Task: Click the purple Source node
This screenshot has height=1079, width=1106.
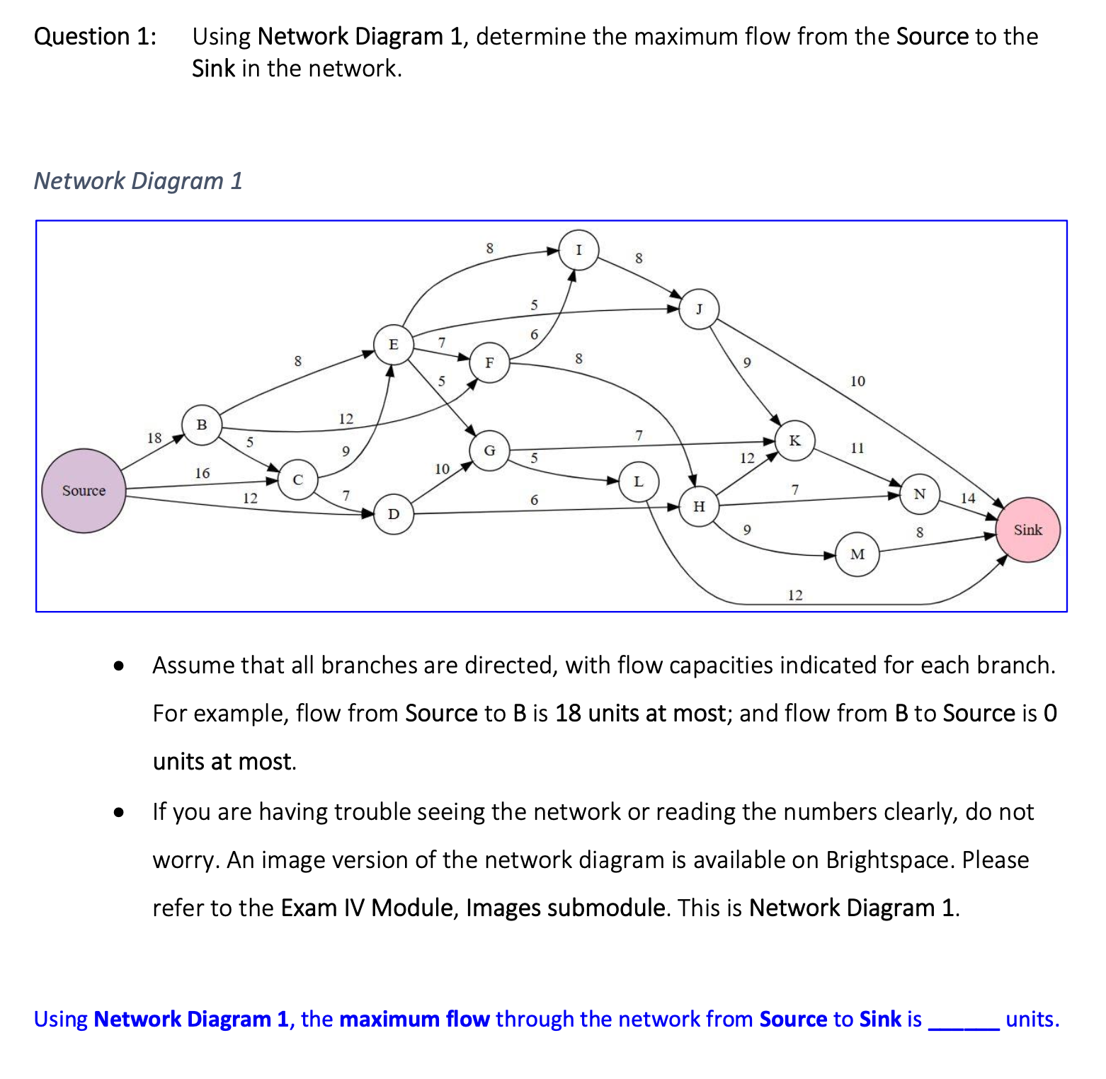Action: click(84, 491)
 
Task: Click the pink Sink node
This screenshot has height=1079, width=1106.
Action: click(1027, 530)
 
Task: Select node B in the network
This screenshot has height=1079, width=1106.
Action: click(202, 425)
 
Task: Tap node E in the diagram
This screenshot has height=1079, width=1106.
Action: click(393, 345)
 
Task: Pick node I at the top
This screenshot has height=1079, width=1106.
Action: click(578, 250)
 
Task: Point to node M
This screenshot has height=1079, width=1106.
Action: click(857, 554)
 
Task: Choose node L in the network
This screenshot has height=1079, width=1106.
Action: click(639, 481)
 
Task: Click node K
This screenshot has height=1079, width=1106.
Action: click(794, 440)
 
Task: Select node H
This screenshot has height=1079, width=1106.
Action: click(699, 506)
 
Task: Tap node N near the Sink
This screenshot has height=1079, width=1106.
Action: click(919, 494)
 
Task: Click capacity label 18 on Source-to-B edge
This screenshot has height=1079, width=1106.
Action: click(154, 438)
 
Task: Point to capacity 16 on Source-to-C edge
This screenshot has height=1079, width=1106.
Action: click(203, 473)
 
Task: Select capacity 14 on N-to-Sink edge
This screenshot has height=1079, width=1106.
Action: click(968, 498)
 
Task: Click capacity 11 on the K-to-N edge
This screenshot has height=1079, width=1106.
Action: click(857, 448)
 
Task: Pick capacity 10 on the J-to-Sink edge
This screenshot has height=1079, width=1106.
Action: click(857, 382)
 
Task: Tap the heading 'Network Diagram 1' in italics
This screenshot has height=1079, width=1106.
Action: click(138, 181)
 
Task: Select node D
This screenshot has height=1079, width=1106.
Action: click(394, 514)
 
